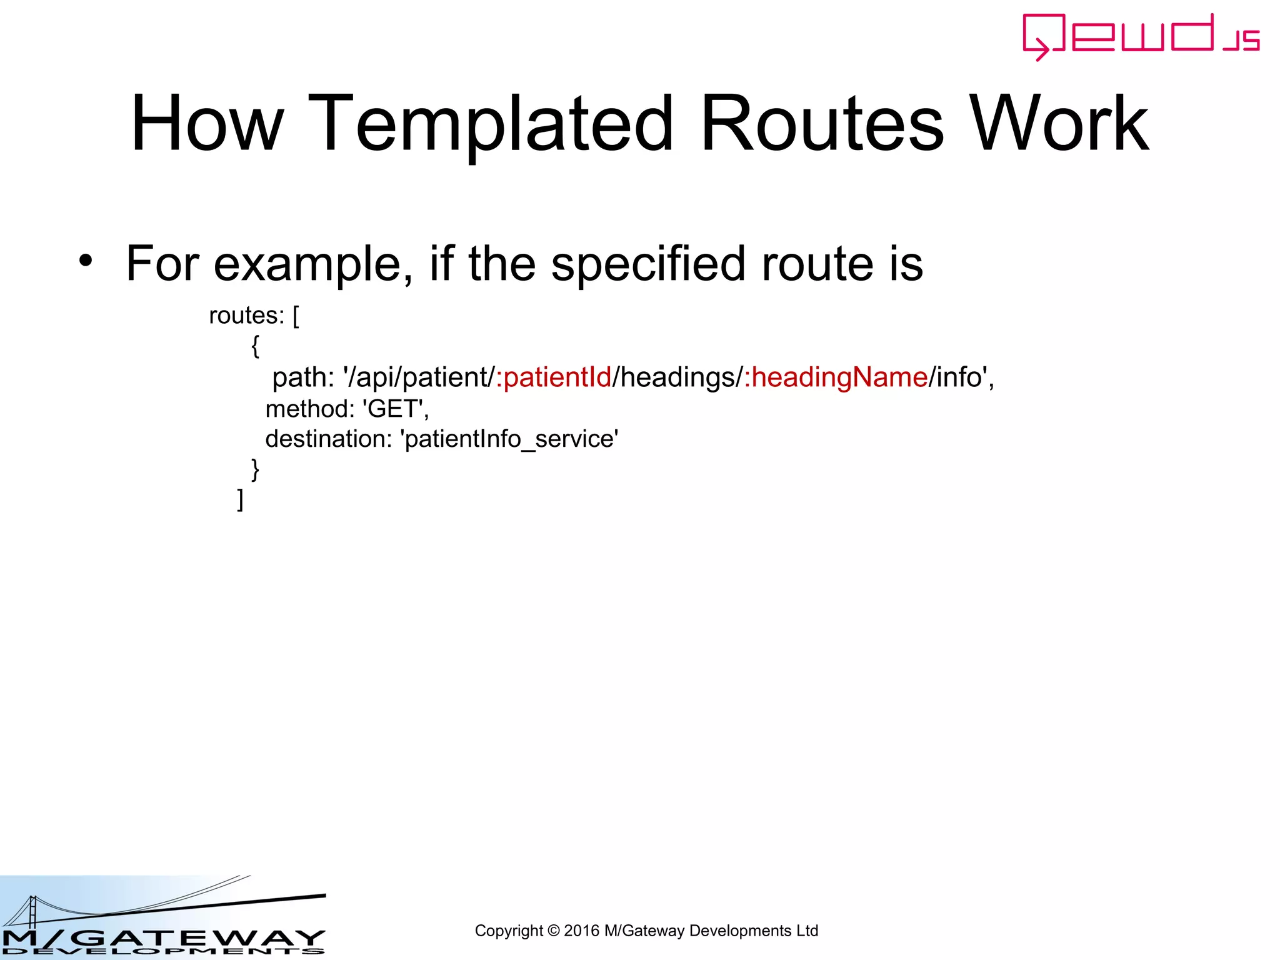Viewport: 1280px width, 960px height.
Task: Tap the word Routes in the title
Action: tap(822, 124)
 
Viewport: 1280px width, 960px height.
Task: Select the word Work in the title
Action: tap(1059, 124)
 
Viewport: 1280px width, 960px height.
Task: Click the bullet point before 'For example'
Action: tap(86, 261)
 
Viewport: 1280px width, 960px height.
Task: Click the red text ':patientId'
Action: tap(554, 377)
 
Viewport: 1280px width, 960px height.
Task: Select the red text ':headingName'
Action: tap(836, 377)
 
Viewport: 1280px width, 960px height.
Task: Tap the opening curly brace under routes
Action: tap(255, 346)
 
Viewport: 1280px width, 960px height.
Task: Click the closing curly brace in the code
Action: tap(255, 469)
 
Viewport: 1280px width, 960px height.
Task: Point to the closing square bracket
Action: tap(241, 499)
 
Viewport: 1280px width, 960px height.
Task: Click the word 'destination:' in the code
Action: tap(328, 439)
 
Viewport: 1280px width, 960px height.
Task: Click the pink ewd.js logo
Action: tap(1140, 36)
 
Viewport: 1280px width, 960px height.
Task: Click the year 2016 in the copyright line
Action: tap(581, 931)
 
